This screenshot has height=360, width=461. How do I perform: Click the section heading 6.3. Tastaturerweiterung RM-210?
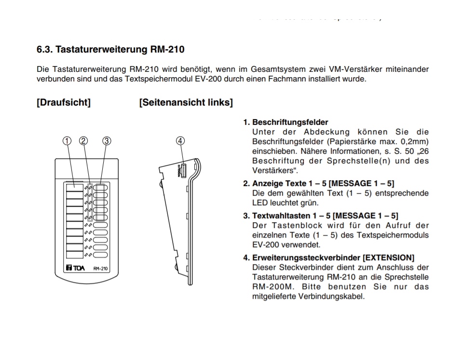pyautogui.click(x=110, y=49)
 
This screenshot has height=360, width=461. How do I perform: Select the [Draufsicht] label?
pyautogui.click(x=63, y=103)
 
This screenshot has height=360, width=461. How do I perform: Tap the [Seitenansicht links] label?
pyautogui.click(x=186, y=103)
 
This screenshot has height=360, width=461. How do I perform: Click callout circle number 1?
pyautogui.click(x=67, y=141)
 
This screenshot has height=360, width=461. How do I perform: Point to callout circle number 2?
pyautogui.click(x=83, y=141)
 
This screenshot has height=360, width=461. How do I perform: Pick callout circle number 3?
pyautogui.click(x=107, y=141)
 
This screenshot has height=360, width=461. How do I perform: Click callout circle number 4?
pyautogui.click(x=180, y=141)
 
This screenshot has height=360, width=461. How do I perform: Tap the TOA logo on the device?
pyautogui.click(x=75, y=268)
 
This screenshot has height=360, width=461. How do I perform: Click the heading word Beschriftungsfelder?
pyautogui.click(x=290, y=122)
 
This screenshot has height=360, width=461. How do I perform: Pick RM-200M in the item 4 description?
pyautogui.click(x=271, y=287)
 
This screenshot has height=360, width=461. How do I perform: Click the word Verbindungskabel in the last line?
pyautogui.click(x=339, y=296)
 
